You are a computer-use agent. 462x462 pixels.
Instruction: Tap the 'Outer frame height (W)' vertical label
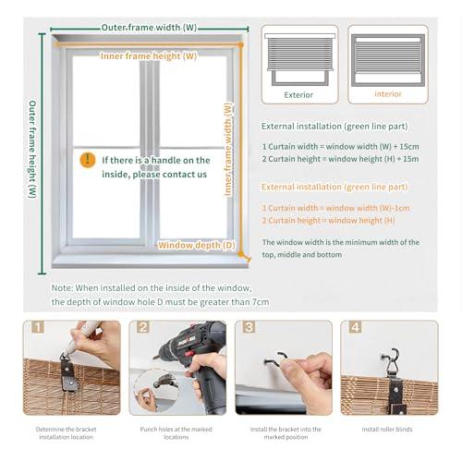[x=32, y=149]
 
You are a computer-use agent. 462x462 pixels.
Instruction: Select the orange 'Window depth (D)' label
[x=197, y=246]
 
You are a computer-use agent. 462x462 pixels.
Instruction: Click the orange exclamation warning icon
[x=88, y=160]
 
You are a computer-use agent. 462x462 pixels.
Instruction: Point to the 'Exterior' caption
[x=298, y=94]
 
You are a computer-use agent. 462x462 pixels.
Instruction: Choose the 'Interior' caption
[x=388, y=94]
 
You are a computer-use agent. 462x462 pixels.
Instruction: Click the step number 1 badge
[x=38, y=327]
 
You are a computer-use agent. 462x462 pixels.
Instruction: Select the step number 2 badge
[x=143, y=327]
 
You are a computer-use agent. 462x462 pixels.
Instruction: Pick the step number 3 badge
[x=248, y=327]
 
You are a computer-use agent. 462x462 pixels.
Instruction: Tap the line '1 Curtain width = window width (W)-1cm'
[x=335, y=208]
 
